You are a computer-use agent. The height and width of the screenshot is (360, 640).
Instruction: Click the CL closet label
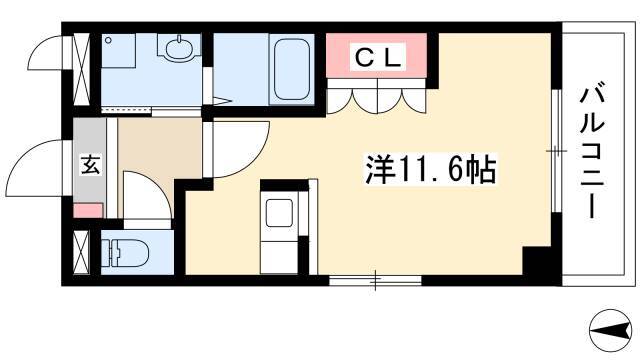pos(377,58)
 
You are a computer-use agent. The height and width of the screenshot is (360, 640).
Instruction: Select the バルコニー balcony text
pos(591,151)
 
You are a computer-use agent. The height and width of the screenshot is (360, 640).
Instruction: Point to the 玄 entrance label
pos(90,164)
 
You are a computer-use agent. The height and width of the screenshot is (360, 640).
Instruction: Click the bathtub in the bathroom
pos(291,69)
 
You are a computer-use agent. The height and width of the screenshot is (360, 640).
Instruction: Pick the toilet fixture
pos(125,251)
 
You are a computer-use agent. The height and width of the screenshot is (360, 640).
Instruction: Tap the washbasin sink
pos(178,48)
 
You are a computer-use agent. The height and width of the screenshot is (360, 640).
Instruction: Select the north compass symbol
pos(611,330)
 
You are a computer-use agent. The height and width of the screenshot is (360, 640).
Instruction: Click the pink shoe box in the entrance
pos(88,211)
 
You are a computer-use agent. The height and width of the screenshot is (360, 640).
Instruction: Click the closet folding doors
pos(377,96)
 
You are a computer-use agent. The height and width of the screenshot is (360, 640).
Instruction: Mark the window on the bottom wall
pos(375,280)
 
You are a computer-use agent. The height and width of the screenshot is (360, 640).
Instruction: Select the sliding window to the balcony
pos(556,151)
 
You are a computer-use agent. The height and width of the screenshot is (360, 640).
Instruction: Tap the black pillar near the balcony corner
pos(537,261)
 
